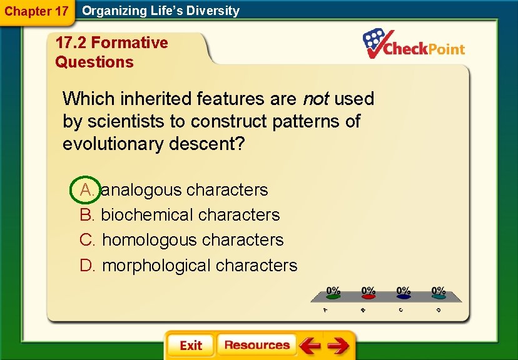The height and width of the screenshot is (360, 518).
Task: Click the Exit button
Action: (x=190, y=346)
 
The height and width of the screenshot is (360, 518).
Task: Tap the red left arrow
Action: (x=309, y=346)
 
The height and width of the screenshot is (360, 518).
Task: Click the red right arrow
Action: (x=338, y=346)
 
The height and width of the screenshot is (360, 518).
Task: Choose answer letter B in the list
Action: (x=87, y=215)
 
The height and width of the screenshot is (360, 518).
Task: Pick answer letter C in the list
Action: (x=87, y=240)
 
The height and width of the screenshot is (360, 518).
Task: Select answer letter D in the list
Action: (x=87, y=266)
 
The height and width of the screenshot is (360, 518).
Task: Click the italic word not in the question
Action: (x=315, y=99)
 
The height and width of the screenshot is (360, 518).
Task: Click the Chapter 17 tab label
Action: (x=36, y=11)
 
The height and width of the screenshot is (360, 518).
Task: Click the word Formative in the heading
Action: (x=129, y=43)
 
